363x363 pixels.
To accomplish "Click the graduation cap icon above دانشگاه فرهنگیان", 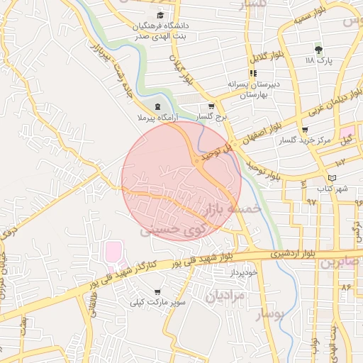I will (161, 15).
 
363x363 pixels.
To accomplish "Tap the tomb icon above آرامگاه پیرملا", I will (157, 106).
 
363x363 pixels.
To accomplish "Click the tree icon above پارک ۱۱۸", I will (318, 50).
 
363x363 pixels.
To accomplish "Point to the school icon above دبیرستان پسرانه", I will (252, 73).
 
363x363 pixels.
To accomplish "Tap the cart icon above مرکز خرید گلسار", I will (305, 130).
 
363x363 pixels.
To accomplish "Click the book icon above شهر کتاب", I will (334, 177).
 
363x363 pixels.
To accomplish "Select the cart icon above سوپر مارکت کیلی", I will (157, 291).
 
